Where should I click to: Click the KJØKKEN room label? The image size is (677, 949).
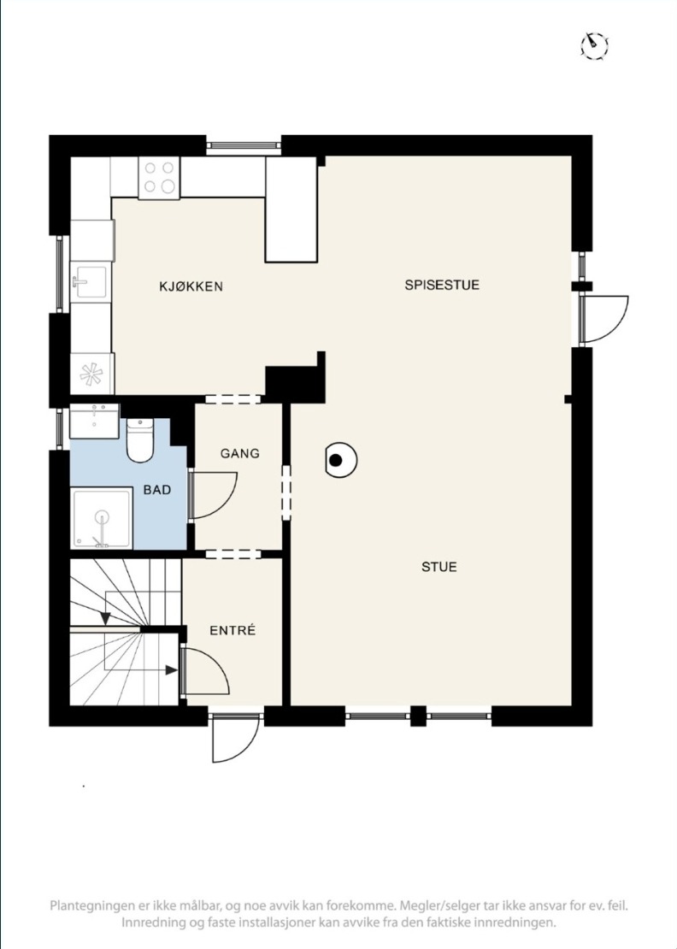coord(191,286)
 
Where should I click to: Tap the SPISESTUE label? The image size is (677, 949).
coord(442,285)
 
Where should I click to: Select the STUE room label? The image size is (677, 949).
coord(439,567)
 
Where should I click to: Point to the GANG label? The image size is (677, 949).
coord(240,453)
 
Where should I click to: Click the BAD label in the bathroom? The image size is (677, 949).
coord(157,490)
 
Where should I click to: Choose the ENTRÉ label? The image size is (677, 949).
coord(233,630)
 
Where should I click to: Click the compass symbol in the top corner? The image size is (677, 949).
coord(594,45)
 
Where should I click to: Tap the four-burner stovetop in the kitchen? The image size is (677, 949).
coord(159,177)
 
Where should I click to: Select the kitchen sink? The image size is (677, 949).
coord(90,281)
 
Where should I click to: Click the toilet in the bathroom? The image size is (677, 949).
coord(140,439)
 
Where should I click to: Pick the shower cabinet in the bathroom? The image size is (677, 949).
coord(102,518)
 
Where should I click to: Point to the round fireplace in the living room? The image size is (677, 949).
coord(340,461)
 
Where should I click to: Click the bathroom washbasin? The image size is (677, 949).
coord(94,421)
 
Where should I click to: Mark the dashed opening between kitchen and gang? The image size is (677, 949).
coord(233,399)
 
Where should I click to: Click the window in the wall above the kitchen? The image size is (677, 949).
coord(244,145)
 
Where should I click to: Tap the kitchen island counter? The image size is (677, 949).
coord(291,209)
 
